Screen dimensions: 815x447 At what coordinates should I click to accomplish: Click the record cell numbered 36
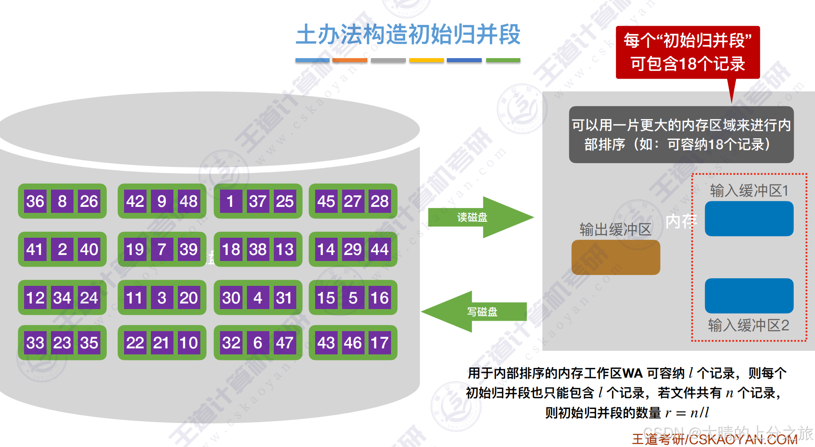[35, 201]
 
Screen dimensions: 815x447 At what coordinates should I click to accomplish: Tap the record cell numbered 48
[188, 201]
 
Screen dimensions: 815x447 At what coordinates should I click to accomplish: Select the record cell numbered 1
[230, 201]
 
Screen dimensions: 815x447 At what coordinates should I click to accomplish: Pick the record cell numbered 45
[326, 201]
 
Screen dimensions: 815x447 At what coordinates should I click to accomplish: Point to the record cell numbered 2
[62, 249]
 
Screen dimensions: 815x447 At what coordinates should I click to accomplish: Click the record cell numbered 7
[162, 249]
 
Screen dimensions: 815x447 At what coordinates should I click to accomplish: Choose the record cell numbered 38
[258, 249]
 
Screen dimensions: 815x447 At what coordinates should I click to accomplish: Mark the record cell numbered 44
[379, 249]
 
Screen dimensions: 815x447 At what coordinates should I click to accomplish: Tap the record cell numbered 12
[35, 297]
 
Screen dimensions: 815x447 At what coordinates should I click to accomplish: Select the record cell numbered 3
[162, 297]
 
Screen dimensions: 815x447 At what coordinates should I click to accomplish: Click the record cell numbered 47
[284, 343]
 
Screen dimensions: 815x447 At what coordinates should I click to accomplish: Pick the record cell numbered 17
[379, 343]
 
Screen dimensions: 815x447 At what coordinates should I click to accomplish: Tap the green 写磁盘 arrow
[476, 311]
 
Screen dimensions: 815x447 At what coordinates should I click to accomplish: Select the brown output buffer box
[615, 257]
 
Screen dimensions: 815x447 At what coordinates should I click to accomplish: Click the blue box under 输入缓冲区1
[749, 218]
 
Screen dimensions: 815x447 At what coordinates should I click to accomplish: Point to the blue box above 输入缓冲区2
[749, 295]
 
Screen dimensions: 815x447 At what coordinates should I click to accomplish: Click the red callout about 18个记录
[687, 52]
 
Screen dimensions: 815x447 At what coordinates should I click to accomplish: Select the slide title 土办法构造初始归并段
[408, 35]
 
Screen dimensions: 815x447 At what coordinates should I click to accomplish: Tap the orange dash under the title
[349, 61]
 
